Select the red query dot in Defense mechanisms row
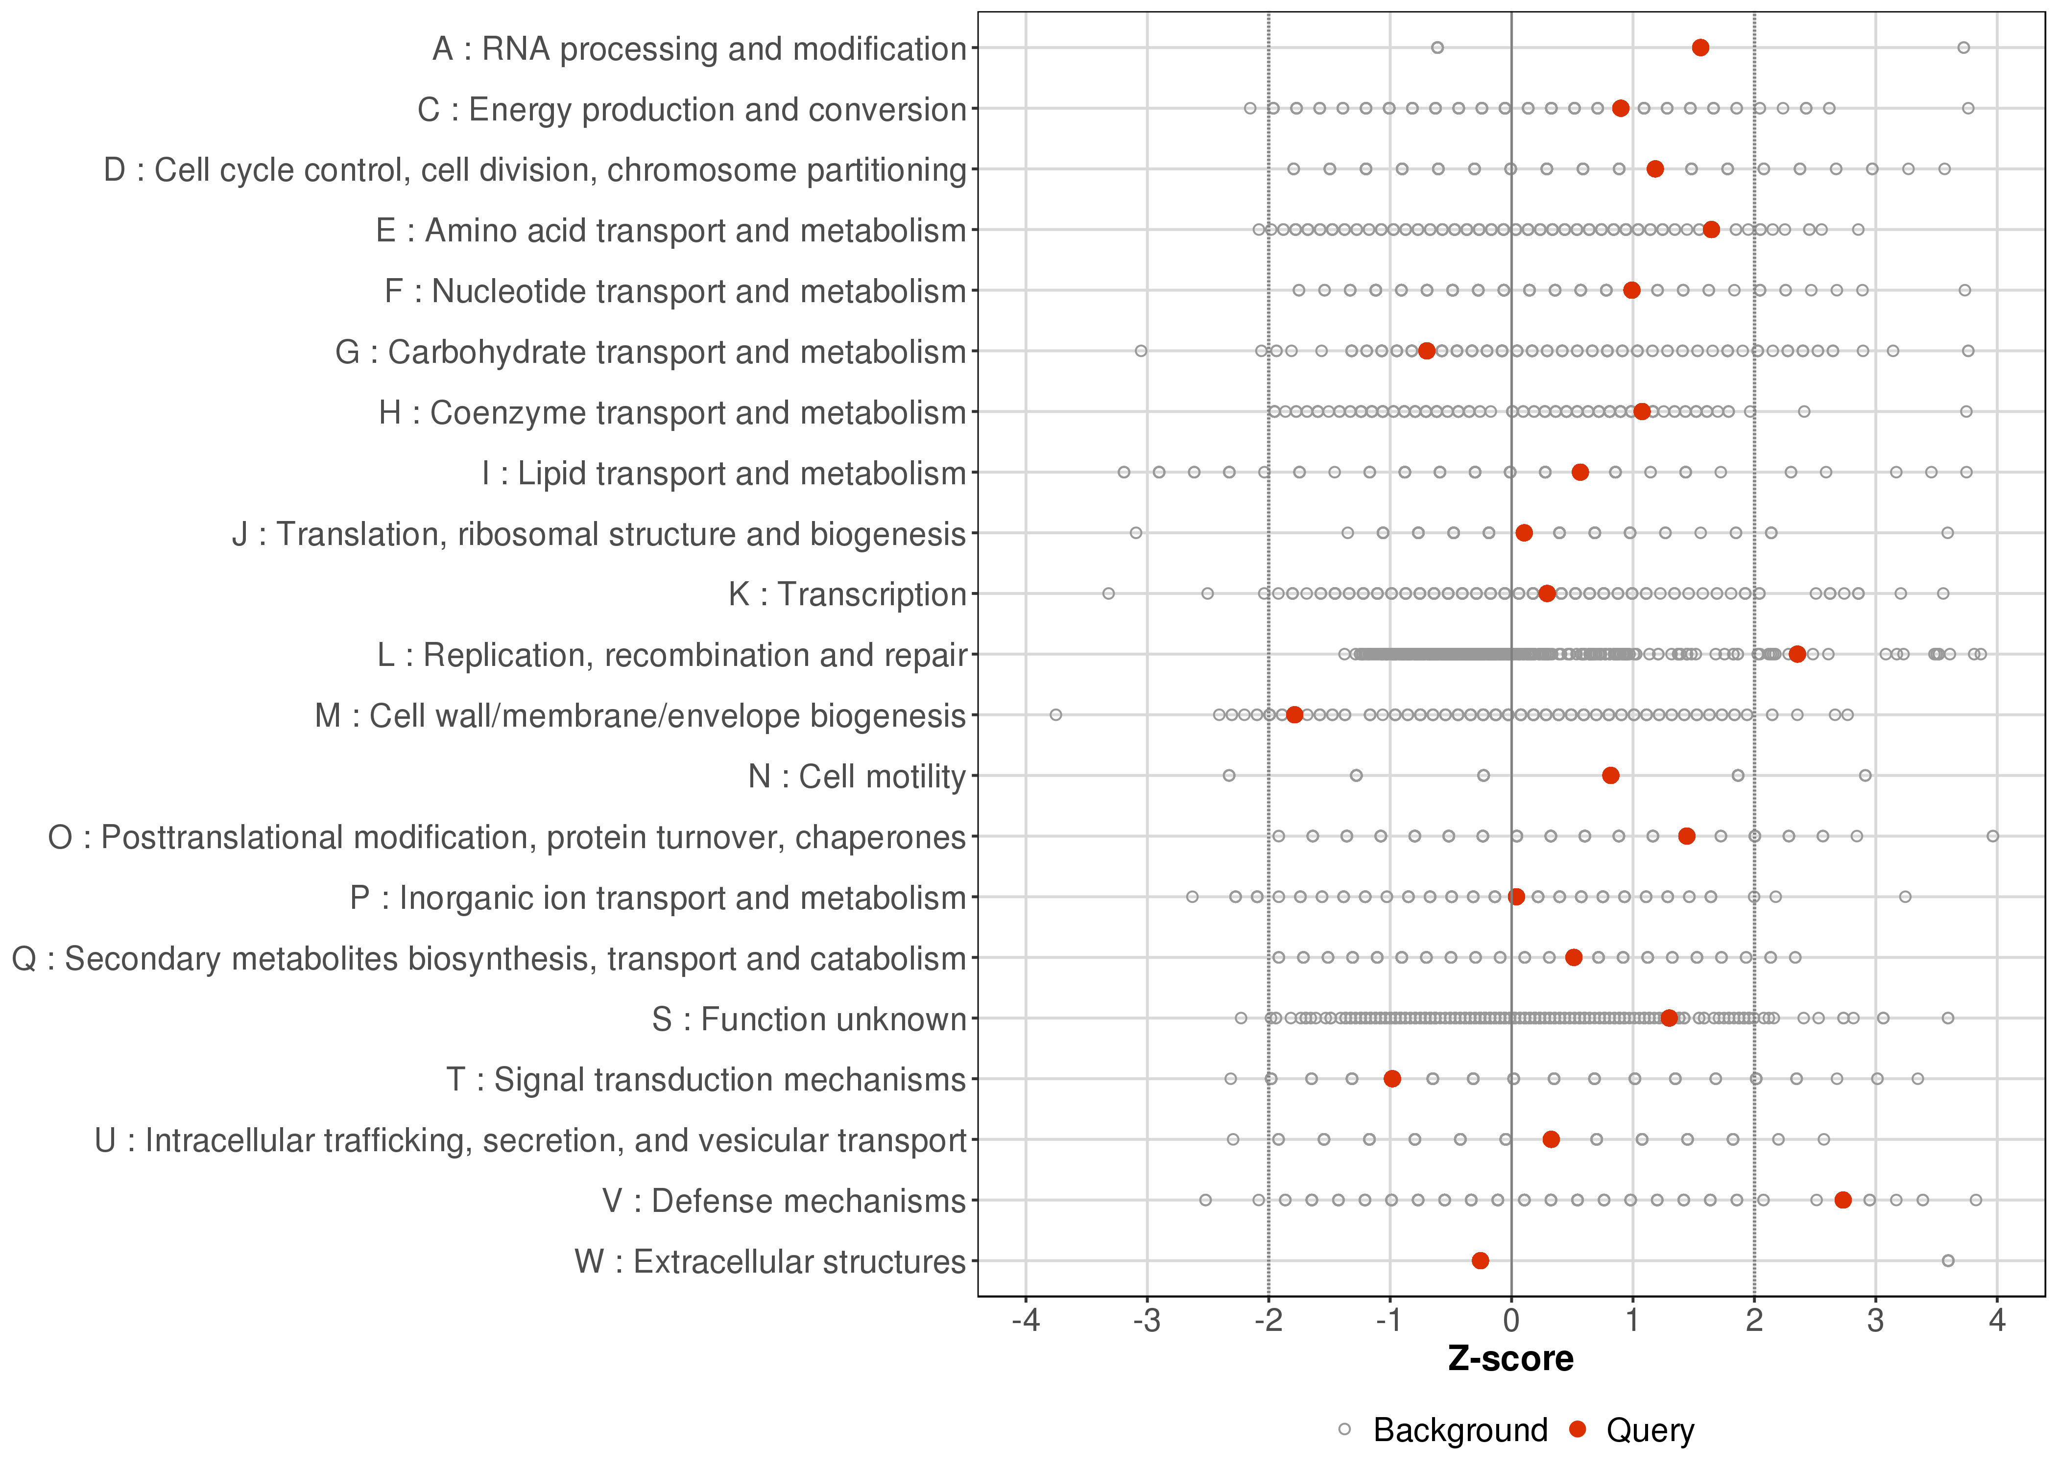[x=1842, y=1200]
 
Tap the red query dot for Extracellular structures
[x=1480, y=1261]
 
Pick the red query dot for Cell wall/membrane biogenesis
[x=1294, y=715]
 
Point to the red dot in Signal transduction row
[x=1392, y=1079]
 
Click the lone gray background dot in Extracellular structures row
[x=1948, y=1261]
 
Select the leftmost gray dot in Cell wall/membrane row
[x=1055, y=715]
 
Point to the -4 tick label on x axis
[x=1025, y=1322]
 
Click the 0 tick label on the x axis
[x=1510, y=1322]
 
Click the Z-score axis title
[x=1510, y=1359]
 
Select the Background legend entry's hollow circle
[x=1344, y=1430]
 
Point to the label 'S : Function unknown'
[x=809, y=1019]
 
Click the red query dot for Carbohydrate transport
[x=1427, y=351]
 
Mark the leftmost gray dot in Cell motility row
[x=1228, y=776]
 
